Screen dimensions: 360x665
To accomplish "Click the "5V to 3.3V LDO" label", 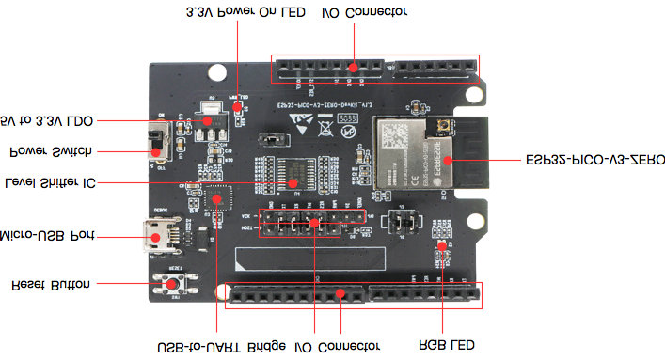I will pos(47,120).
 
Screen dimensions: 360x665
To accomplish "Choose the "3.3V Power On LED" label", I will pos(245,13).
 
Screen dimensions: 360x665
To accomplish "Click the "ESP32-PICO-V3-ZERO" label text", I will pos(592,161).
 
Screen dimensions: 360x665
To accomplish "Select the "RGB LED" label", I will pos(445,347).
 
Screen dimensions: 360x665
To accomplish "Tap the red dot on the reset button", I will pos(173,282).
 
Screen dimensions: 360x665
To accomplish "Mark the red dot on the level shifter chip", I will pos(291,181).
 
